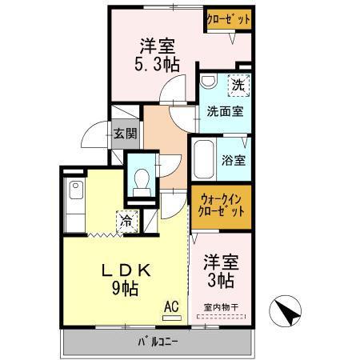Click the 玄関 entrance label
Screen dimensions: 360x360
[123, 134]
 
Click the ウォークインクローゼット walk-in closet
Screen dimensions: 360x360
[221, 206]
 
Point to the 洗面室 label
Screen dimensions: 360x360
[225, 111]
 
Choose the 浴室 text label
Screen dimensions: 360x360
[234, 159]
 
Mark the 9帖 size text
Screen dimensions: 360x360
[126, 287]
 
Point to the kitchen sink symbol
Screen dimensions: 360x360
[76, 191]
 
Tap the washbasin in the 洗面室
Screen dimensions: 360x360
[209, 82]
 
